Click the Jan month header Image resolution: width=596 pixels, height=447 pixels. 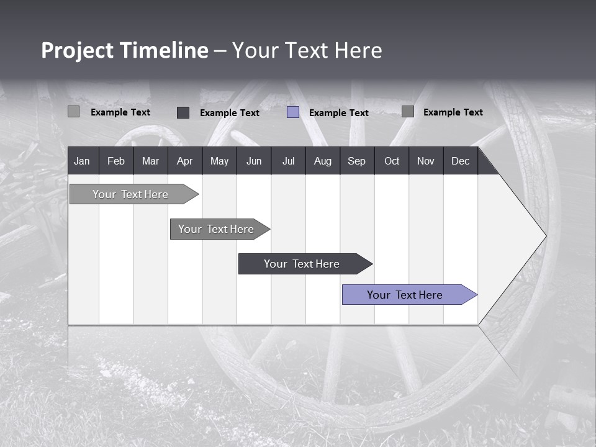tap(83, 161)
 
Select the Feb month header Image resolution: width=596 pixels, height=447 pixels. tap(116, 161)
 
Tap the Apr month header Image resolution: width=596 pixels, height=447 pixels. tap(184, 161)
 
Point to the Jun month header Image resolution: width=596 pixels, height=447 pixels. tap(254, 161)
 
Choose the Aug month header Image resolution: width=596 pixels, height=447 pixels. tap(322, 161)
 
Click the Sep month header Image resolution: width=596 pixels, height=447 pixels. tap(356, 161)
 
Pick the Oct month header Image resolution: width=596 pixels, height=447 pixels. tap(392, 161)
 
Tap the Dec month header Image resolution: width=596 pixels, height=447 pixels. tap(460, 161)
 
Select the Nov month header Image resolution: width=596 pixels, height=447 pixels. tap(426, 161)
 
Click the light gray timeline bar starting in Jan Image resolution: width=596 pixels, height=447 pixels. tap(130, 194)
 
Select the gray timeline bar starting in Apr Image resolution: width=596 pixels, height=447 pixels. tap(216, 229)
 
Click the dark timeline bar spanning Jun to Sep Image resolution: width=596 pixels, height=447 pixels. tap(302, 264)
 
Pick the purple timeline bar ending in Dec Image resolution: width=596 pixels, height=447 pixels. tap(405, 295)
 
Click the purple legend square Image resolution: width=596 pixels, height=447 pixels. tap(293, 112)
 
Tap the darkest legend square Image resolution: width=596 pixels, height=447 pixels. tap(183, 112)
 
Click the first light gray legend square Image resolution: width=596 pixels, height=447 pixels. tap(73, 112)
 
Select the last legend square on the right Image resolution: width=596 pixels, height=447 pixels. tap(408, 112)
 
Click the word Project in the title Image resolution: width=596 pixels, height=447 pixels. tap(78, 50)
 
